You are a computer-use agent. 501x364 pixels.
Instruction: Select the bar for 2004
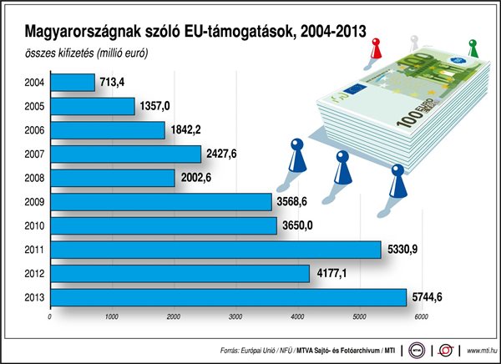click(x=73, y=82)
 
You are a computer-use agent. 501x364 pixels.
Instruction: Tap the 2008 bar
click(x=113, y=178)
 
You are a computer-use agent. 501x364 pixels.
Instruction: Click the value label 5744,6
click(x=430, y=297)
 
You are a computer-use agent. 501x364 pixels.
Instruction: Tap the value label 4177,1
click(x=332, y=273)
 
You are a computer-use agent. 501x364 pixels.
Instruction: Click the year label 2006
click(x=36, y=130)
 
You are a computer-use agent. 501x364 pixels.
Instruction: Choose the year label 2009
click(x=36, y=202)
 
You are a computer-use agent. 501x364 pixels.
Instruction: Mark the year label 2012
click(x=36, y=273)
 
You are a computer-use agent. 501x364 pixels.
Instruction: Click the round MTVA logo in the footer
click(x=417, y=348)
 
